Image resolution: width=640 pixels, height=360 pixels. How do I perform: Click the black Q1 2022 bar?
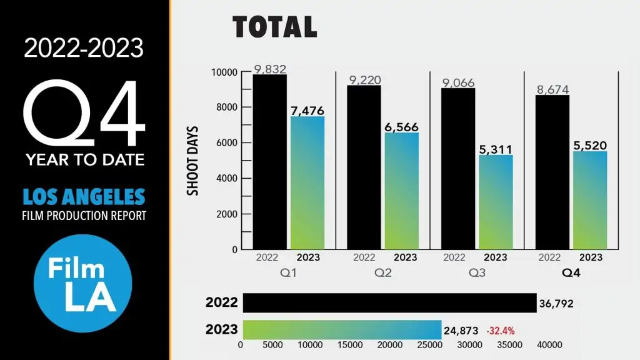(269, 162)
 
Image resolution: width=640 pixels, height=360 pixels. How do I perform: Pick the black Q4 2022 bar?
(552, 172)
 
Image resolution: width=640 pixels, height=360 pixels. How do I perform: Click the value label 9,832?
(270, 69)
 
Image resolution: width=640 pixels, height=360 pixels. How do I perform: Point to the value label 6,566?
(401, 126)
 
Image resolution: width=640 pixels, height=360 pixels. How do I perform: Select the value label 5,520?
(590, 145)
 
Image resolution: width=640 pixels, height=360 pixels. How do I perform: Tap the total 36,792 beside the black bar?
(556, 304)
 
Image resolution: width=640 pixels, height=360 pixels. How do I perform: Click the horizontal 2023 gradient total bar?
(342, 329)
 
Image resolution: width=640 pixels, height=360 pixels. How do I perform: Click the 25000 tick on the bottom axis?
(430, 345)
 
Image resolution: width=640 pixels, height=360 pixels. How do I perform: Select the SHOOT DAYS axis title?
(194, 161)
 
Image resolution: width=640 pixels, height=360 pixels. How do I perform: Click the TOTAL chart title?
(275, 27)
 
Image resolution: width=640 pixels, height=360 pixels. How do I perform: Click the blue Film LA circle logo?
(82, 282)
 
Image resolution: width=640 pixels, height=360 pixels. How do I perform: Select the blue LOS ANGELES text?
(84, 197)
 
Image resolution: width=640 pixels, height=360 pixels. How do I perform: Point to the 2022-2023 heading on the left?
(84, 48)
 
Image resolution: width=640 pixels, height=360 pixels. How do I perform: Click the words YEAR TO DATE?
(85, 160)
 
